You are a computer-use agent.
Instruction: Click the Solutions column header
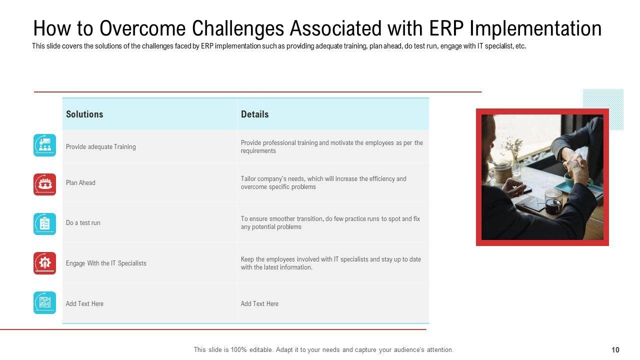84,114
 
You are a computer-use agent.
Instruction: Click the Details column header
254,114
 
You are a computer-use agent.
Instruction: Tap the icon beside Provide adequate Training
44,145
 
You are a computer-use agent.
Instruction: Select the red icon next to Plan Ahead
44,184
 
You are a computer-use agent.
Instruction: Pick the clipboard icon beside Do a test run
44,224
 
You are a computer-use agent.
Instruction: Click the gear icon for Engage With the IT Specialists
44,263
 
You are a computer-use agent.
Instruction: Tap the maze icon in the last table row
44,302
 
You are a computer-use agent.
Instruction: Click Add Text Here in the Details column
259,303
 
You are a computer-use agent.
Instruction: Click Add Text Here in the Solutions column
84,303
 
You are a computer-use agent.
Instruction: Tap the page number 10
615,350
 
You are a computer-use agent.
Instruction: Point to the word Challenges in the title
237,29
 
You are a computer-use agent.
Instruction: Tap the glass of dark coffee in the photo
553,203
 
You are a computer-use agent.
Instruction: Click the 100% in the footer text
239,350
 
